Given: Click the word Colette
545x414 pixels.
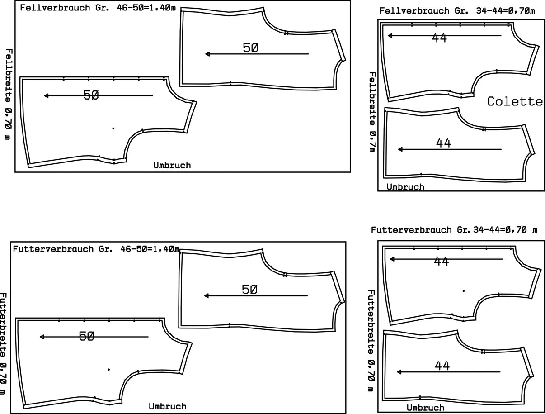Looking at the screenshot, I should coord(515,101).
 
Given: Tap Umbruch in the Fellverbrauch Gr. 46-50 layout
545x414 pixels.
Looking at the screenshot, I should coord(172,165).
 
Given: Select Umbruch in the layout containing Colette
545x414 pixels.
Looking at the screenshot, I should coord(405,186).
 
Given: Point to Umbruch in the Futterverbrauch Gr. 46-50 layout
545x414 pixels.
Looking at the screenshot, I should coord(167,406).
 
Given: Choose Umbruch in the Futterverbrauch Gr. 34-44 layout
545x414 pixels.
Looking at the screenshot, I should coord(425,408).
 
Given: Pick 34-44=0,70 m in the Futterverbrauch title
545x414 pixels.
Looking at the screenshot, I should coord(505,230).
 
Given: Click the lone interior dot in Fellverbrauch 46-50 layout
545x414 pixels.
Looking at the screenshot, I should coord(113,128).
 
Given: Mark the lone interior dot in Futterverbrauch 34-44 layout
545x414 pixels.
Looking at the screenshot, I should coord(463,290).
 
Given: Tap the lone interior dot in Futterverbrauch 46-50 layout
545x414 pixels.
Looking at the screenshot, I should coord(109,369).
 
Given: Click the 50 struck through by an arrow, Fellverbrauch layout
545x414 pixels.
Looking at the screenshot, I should coord(91,95).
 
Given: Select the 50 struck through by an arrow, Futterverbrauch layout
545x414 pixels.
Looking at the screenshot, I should coord(87,336).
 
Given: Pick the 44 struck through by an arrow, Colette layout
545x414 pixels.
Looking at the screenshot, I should coord(439,38).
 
